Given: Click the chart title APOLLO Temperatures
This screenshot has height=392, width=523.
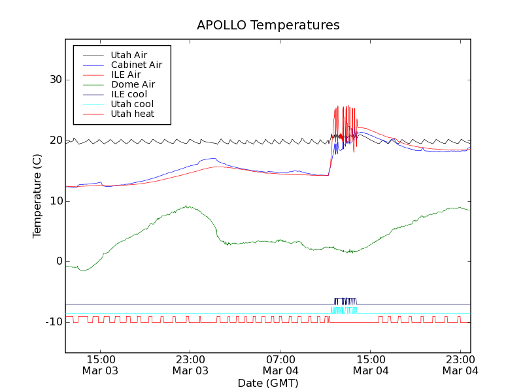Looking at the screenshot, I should point(268,25).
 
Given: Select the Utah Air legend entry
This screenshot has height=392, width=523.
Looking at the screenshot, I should point(129,55).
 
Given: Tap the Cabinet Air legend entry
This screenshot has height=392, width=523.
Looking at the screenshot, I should point(136,65).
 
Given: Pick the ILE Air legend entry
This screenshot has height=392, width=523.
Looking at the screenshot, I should point(126,74).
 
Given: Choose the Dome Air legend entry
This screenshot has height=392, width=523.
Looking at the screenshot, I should point(133,84).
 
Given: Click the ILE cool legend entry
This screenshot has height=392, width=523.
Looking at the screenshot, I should point(129,94).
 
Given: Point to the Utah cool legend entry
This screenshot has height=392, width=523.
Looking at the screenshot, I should point(132,104).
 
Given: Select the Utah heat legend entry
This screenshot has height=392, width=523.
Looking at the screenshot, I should point(132,114).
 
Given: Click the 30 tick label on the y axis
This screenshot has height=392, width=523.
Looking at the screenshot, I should point(54,80).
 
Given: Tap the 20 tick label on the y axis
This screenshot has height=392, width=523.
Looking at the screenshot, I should point(54,140).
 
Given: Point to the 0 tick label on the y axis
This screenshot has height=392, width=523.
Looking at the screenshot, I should point(58,261).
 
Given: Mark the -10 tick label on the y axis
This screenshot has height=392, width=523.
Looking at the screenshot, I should point(52,322).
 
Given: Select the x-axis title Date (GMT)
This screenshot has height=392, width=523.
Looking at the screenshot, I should point(268,383).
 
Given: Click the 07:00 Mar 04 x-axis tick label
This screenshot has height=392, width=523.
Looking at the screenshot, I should point(280,365).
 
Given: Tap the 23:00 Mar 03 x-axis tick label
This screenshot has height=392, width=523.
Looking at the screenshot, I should point(190,365).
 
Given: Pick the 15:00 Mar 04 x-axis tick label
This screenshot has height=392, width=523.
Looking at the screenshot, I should point(371,365).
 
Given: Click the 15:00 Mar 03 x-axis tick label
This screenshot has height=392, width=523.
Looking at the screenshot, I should point(100,365).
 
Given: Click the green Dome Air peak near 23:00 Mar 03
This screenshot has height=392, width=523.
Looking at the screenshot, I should point(188,206).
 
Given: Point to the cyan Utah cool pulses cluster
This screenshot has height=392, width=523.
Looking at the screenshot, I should point(344,310).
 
